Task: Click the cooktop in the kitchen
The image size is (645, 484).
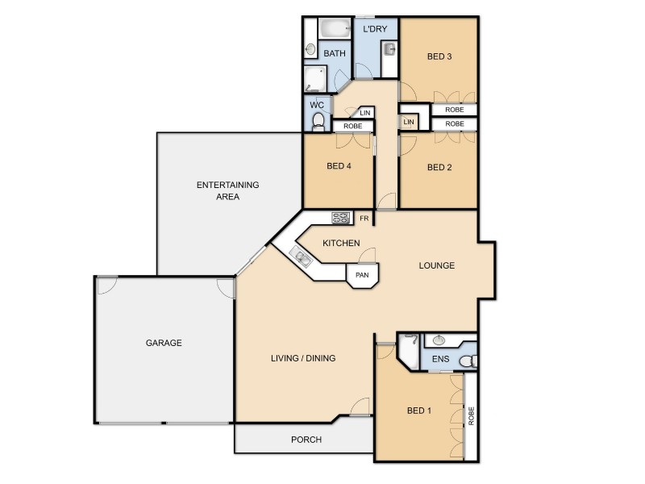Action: (340, 217)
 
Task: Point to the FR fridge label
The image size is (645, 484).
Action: (364, 218)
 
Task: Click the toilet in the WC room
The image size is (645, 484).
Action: (318, 122)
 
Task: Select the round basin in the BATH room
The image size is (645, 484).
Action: (310, 49)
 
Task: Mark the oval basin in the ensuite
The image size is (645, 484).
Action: (440, 340)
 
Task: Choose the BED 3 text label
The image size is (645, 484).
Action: (439, 56)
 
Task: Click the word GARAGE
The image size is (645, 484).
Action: (164, 343)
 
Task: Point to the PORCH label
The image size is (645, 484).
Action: (306, 440)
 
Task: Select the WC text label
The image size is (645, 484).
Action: (316, 106)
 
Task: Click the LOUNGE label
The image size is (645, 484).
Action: (437, 265)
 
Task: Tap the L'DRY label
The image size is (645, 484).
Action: (375, 30)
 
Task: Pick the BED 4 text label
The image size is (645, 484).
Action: (338, 167)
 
